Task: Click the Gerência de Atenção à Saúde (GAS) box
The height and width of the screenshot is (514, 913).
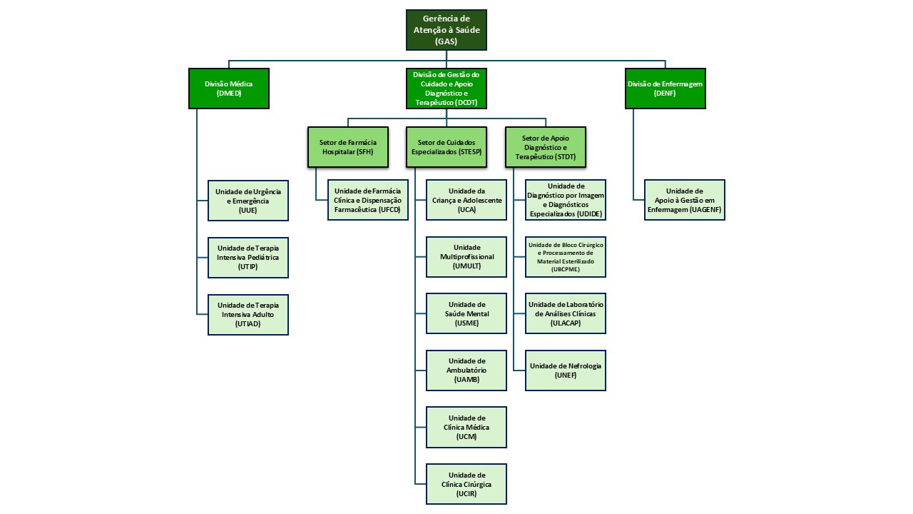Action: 447,30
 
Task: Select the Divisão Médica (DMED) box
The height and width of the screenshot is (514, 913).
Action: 229,89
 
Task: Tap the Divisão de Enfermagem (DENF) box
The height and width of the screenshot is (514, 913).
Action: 665,89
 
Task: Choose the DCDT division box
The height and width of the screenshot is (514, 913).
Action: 447,89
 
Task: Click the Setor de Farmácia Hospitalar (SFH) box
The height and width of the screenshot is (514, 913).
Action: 348,147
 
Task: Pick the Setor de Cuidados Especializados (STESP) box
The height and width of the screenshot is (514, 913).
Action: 447,147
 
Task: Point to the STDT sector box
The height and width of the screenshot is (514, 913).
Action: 545,147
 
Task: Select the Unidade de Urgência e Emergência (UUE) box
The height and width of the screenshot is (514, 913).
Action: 248,201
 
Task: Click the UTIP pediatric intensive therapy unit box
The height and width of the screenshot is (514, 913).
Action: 248,257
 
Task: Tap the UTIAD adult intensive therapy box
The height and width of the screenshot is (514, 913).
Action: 248,314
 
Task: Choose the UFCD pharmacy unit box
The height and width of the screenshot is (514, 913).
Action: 368,201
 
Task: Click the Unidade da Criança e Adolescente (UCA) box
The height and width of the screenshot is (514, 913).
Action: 466,201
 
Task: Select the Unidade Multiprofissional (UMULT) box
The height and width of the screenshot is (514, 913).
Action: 466,256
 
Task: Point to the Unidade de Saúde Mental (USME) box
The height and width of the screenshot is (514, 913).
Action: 466,313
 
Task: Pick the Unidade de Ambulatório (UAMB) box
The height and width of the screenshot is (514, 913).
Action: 466,370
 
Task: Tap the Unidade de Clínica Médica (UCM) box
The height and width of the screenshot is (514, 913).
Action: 466,427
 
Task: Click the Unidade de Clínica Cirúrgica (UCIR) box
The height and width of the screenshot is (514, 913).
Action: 466,484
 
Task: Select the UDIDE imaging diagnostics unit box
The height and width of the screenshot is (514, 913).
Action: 566,200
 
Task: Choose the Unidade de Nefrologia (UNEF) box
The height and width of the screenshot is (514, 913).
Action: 566,370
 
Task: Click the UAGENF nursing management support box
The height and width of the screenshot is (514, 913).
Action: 685,200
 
